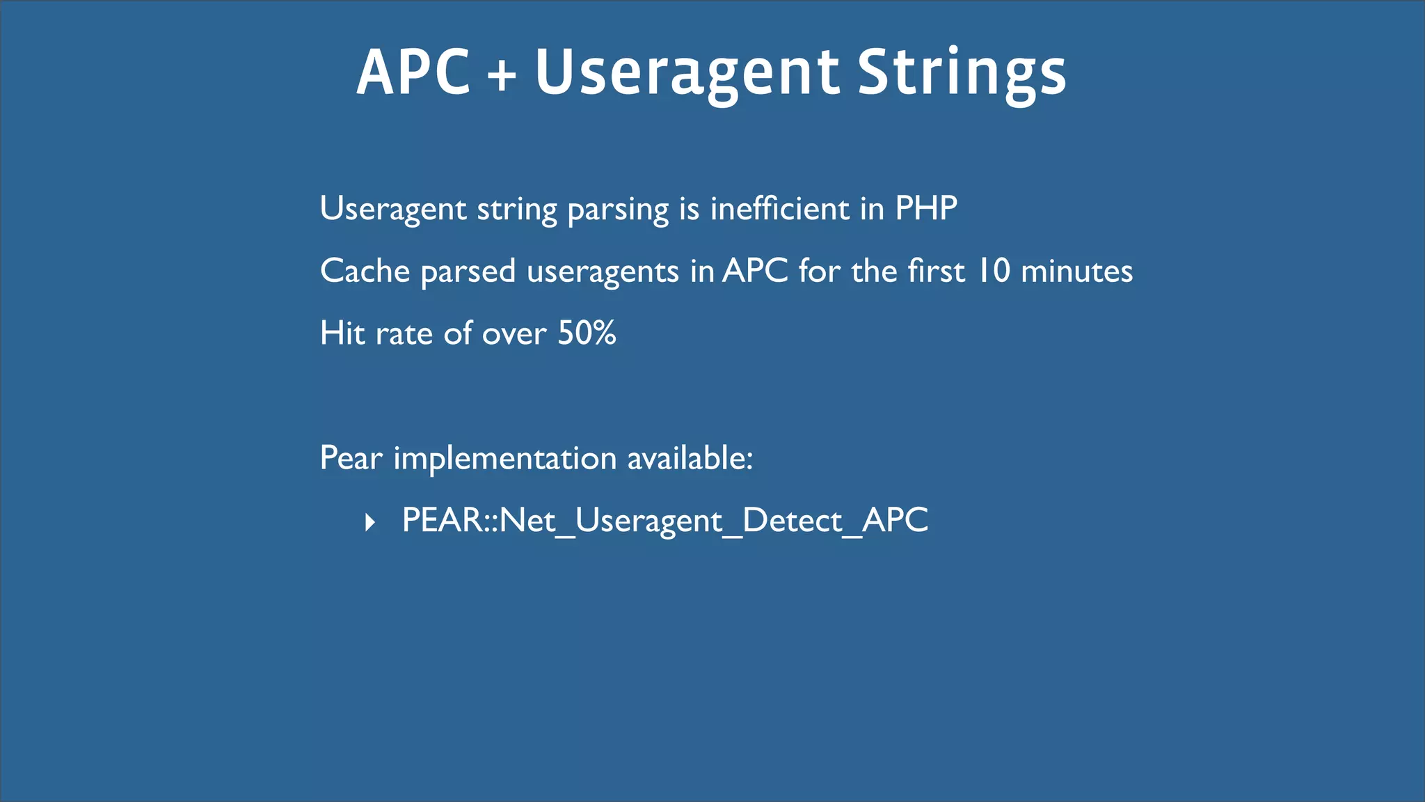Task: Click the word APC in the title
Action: pos(413,72)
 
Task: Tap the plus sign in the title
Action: pos(502,75)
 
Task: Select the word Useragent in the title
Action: pos(687,73)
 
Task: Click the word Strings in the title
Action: pos(961,73)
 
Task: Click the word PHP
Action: pos(925,208)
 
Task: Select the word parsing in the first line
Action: pos(618,210)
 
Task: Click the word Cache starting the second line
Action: pos(365,271)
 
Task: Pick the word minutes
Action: pos(1076,271)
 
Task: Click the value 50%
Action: pos(587,333)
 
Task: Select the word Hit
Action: pos(342,333)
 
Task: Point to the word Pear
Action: pos(351,458)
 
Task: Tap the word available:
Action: pos(690,458)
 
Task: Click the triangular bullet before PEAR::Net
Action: pos(370,521)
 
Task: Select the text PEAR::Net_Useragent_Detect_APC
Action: pos(664,521)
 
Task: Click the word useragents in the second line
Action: pos(603,272)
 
